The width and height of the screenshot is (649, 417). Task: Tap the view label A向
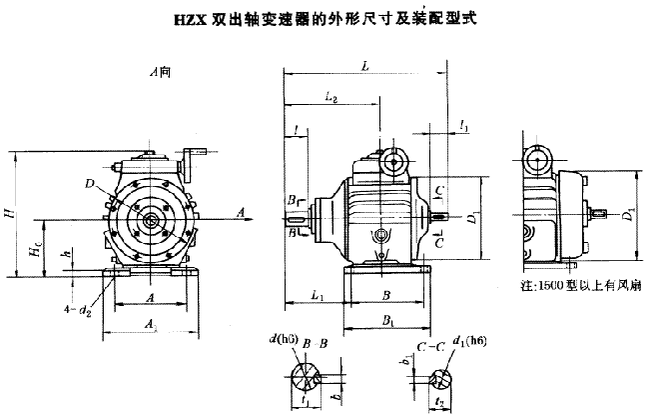pyautogui.click(x=155, y=71)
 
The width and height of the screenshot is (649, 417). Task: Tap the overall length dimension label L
pyautogui.click(x=366, y=66)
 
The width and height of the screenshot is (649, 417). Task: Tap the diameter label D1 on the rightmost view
pyautogui.click(x=627, y=213)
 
